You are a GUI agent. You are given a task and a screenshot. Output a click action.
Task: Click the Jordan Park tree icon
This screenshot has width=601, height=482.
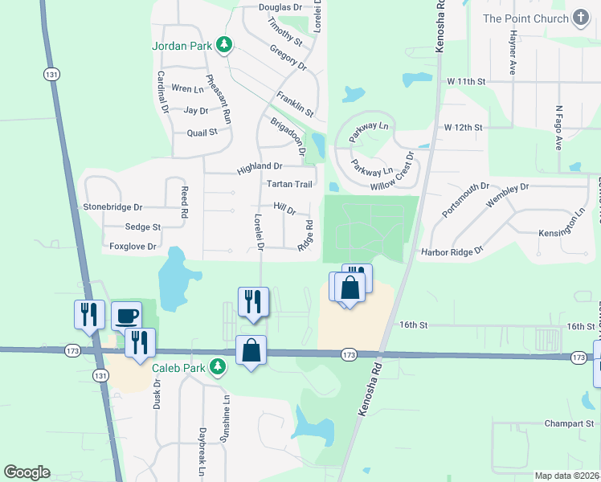(x=227, y=46)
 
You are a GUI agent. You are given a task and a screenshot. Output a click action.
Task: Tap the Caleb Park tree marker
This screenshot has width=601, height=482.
(x=216, y=368)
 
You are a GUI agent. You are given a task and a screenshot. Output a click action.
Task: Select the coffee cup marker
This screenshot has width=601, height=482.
(x=125, y=316)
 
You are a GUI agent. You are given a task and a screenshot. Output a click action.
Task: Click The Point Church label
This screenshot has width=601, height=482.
(x=525, y=19)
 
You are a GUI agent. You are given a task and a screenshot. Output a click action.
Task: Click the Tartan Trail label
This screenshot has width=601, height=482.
(x=288, y=184)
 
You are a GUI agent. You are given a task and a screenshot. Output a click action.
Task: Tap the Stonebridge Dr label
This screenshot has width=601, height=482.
(x=112, y=207)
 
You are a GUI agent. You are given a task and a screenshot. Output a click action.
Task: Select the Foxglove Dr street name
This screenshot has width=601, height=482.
(x=133, y=247)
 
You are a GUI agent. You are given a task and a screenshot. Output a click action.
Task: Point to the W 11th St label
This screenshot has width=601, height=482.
(x=467, y=82)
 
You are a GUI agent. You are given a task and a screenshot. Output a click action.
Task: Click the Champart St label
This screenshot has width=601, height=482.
(x=568, y=423)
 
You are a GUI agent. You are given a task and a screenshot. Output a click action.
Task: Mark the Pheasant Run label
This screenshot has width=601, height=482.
(x=219, y=99)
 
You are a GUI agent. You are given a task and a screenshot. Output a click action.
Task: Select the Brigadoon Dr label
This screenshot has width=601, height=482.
(x=288, y=137)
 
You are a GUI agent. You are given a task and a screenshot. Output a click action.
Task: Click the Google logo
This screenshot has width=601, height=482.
(x=27, y=472)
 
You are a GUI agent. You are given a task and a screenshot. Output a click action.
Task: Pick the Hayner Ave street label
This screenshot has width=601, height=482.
(x=512, y=53)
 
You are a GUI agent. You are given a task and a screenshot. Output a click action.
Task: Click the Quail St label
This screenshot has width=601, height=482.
(x=202, y=133)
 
